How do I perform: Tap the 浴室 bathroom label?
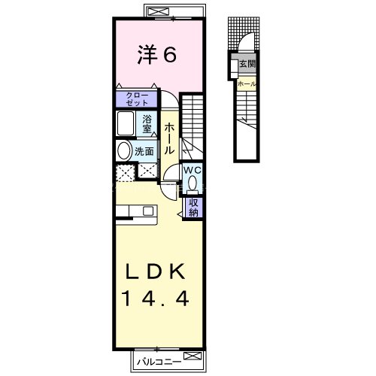(148, 124)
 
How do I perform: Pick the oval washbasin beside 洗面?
(123, 150)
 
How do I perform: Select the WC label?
(193, 169)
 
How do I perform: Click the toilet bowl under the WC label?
(193, 183)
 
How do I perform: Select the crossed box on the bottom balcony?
(193, 356)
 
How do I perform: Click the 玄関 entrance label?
(247, 65)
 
